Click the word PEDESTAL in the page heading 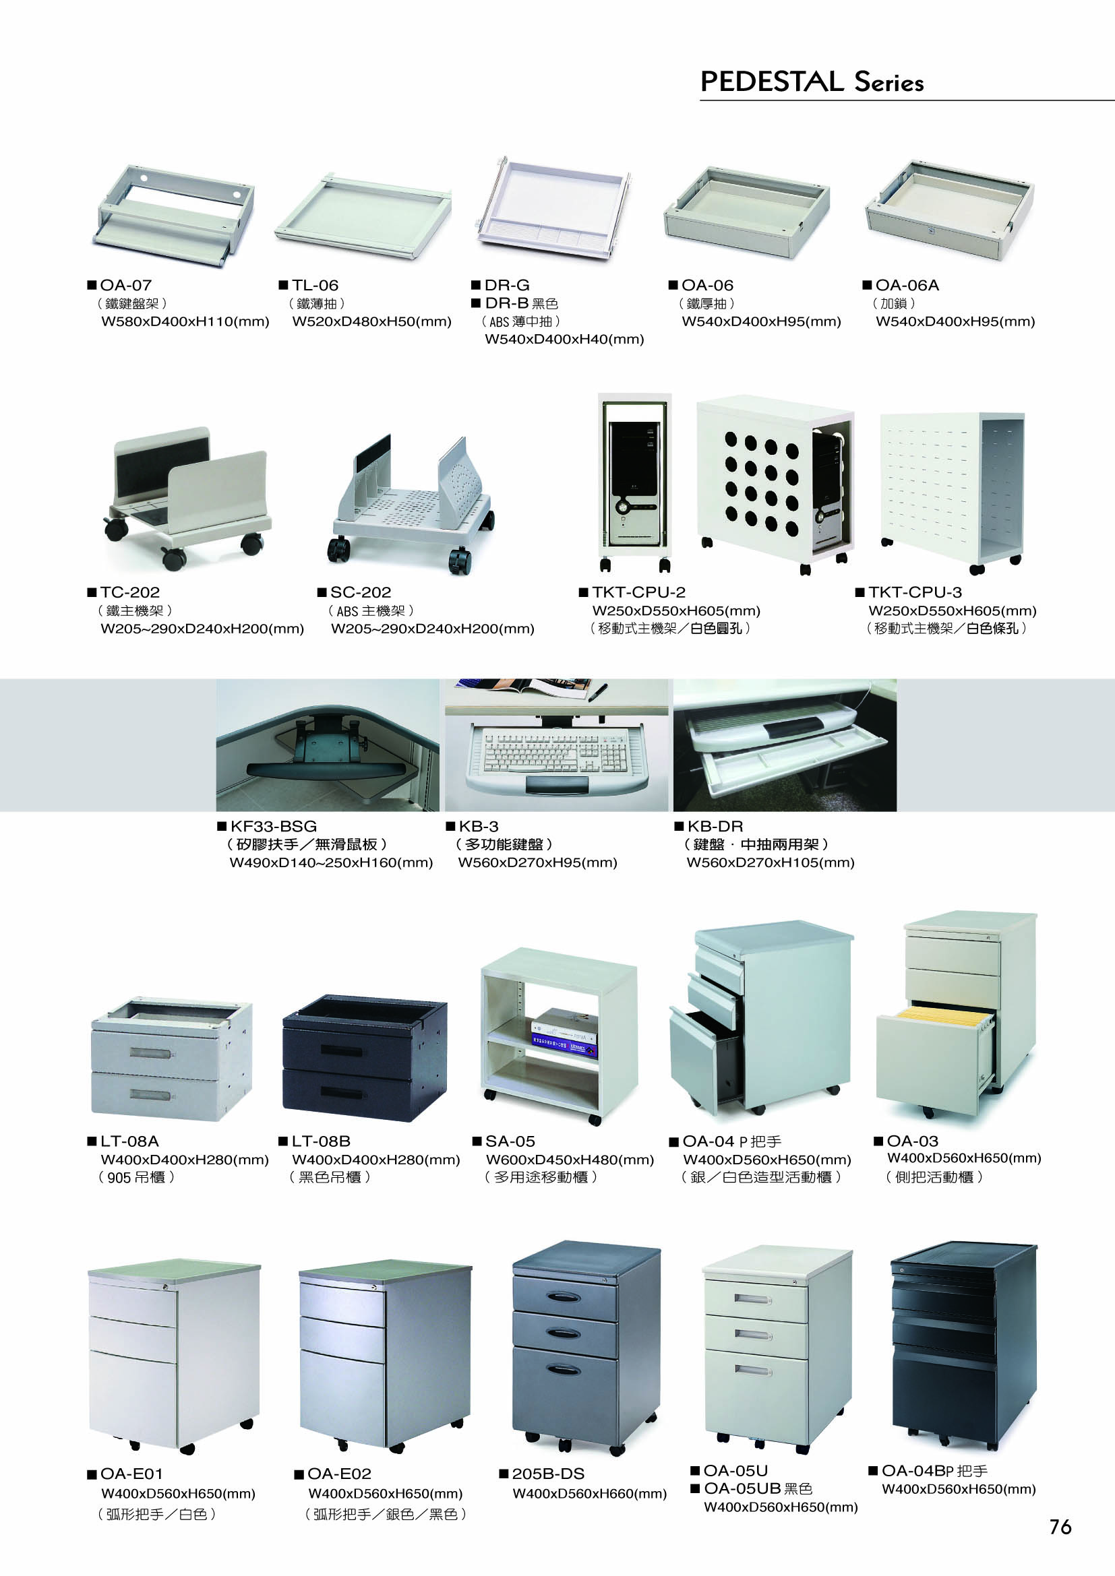pos(772,82)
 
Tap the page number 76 pos(1060,1527)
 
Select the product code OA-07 pos(125,285)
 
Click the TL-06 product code pos(315,285)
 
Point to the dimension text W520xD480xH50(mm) pos(371,321)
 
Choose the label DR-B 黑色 pos(521,303)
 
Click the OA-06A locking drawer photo pos(950,210)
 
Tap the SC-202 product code pos(361,592)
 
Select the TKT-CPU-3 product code pos(915,592)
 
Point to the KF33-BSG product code pos(273,827)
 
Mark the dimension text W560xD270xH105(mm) pos(771,863)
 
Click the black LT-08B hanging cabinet pos(365,1059)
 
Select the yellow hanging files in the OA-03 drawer pos(945,1013)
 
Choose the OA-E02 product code pos(339,1474)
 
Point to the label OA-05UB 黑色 pos(758,1488)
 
